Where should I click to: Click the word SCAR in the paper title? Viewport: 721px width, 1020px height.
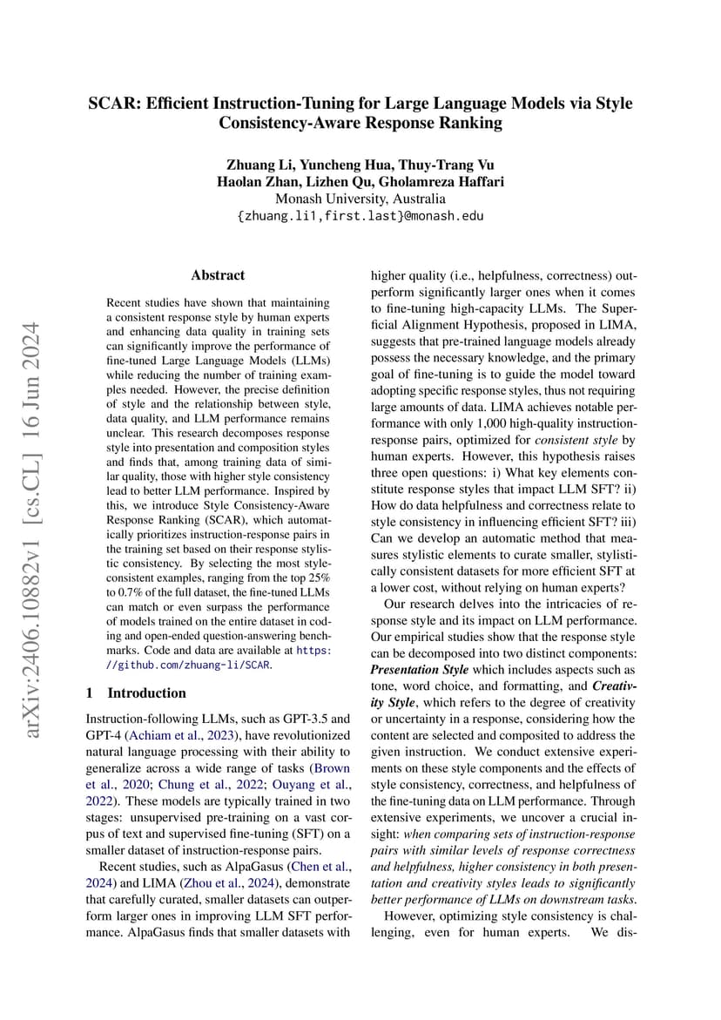(114, 104)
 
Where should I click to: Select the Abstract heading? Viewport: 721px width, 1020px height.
(218, 275)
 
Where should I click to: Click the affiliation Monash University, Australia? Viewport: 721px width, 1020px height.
(360, 199)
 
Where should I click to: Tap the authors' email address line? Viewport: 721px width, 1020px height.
(360, 215)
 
